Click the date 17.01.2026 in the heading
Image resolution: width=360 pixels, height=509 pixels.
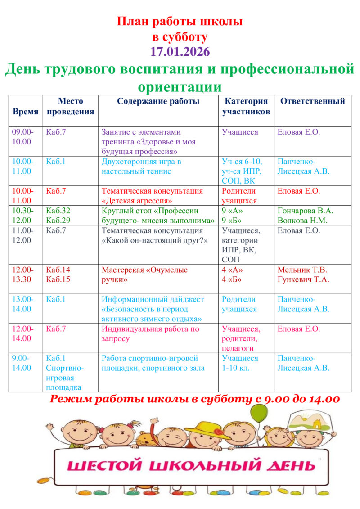180,51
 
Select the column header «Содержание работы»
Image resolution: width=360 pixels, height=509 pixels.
158,101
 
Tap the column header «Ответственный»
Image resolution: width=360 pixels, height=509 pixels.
312,101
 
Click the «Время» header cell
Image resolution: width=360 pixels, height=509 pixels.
26,111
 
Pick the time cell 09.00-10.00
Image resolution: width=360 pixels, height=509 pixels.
23,137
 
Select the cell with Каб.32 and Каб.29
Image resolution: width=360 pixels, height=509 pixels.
58,216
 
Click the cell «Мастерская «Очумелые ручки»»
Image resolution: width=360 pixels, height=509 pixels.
144,275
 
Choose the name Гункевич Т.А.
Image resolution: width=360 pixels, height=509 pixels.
303,279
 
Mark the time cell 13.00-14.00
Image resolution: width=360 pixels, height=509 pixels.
23,304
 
